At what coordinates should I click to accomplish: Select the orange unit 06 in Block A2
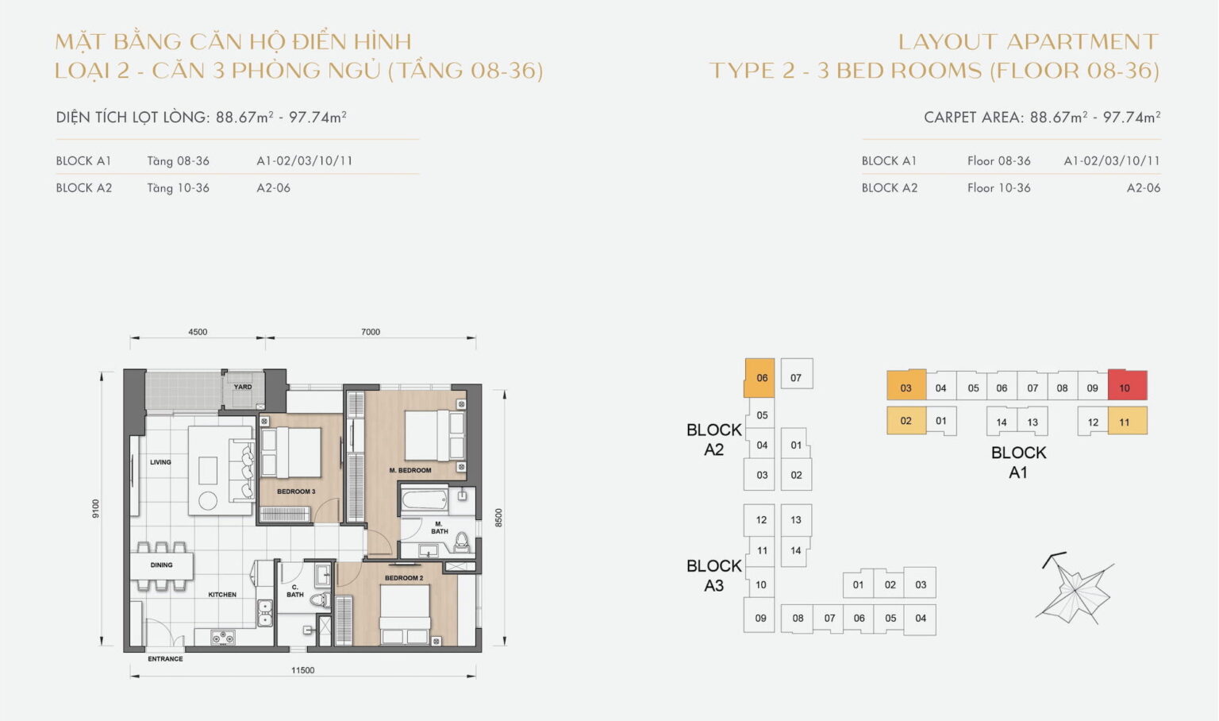[759, 378]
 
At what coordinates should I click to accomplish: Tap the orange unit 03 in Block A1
[906, 387]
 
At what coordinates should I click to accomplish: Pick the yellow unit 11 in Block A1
[1127, 422]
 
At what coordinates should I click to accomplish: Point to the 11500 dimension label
[302, 670]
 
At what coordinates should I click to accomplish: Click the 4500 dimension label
[198, 332]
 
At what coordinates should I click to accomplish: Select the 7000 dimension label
[371, 332]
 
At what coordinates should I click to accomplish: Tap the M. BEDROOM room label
[410, 470]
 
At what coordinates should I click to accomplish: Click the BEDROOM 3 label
[296, 492]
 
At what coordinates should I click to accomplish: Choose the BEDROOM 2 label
[404, 578]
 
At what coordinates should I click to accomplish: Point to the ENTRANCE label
[165, 659]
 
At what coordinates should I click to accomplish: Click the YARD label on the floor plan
[243, 387]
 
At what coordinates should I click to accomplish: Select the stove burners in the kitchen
[222, 636]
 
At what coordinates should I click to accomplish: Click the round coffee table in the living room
[208, 500]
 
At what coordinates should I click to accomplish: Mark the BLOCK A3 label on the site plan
[713, 576]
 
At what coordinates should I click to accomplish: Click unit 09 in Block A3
[760, 618]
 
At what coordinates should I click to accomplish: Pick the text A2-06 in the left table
[273, 188]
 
